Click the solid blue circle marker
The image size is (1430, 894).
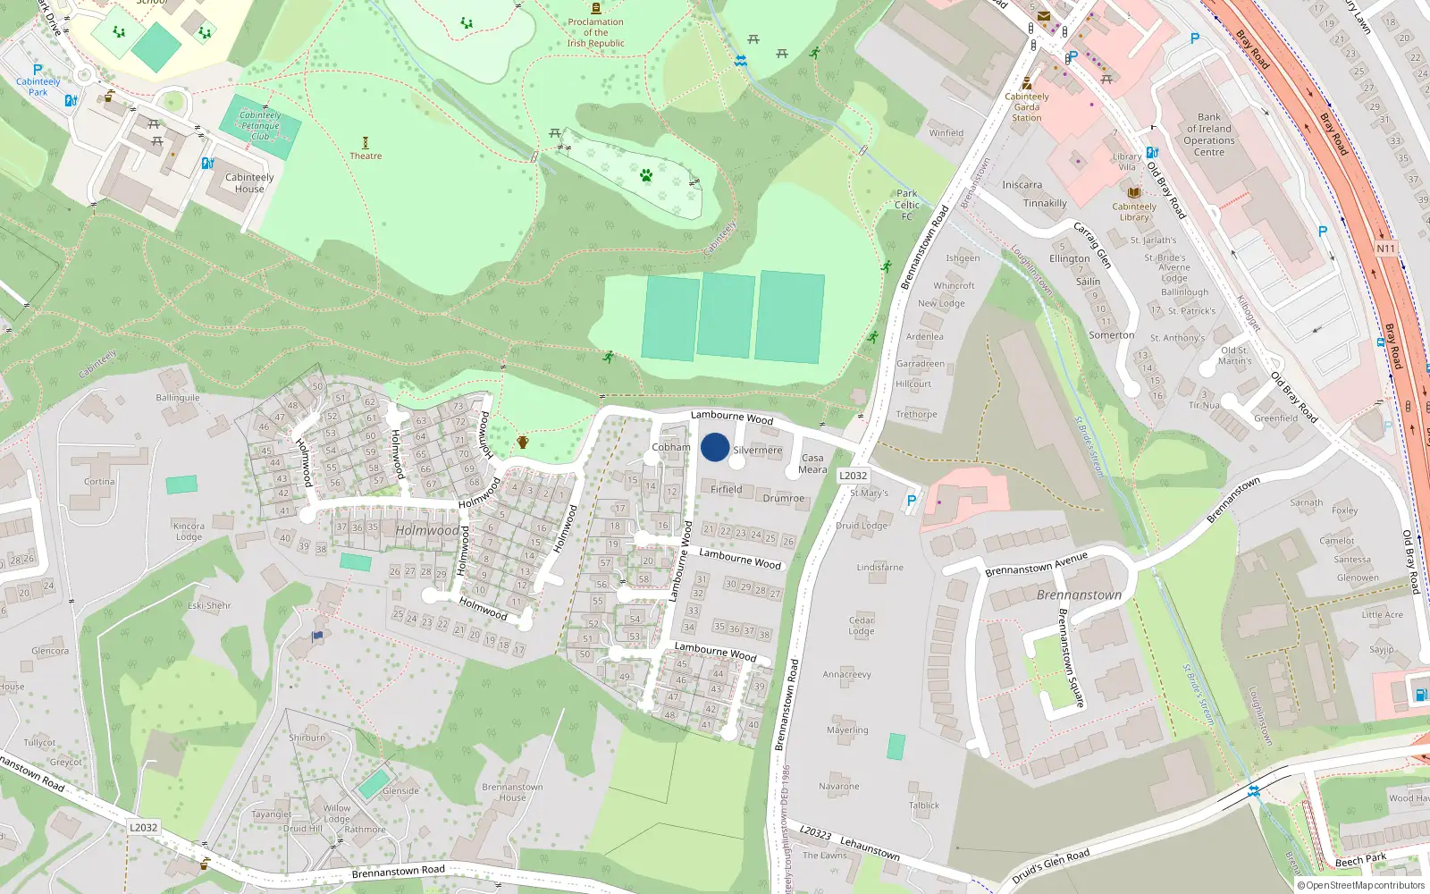(x=715, y=447)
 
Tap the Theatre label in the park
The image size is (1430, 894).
(x=366, y=156)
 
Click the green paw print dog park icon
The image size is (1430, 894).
(x=646, y=175)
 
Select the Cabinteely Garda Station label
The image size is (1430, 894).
(x=1027, y=107)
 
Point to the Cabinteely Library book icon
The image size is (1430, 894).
(x=1133, y=192)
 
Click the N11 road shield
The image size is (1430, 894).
(x=1385, y=249)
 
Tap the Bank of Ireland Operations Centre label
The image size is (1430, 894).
(x=1209, y=134)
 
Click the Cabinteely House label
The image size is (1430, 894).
(x=249, y=183)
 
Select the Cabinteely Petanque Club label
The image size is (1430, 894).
(x=260, y=126)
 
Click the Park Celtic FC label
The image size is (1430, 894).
(x=906, y=205)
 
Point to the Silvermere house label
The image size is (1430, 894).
(x=757, y=451)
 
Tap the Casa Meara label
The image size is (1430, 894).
(x=812, y=463)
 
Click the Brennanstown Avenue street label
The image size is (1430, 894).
(x=1037, y=564)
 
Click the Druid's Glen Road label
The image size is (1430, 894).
(x=1051, y=865)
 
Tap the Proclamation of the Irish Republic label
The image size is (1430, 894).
(x=595, y=32)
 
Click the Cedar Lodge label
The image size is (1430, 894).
(x=862, y=625)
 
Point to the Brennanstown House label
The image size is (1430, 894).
(x=512, y=792)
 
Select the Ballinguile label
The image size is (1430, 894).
(x=178, y=398)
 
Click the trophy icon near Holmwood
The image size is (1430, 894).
(x=523, y=442)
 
